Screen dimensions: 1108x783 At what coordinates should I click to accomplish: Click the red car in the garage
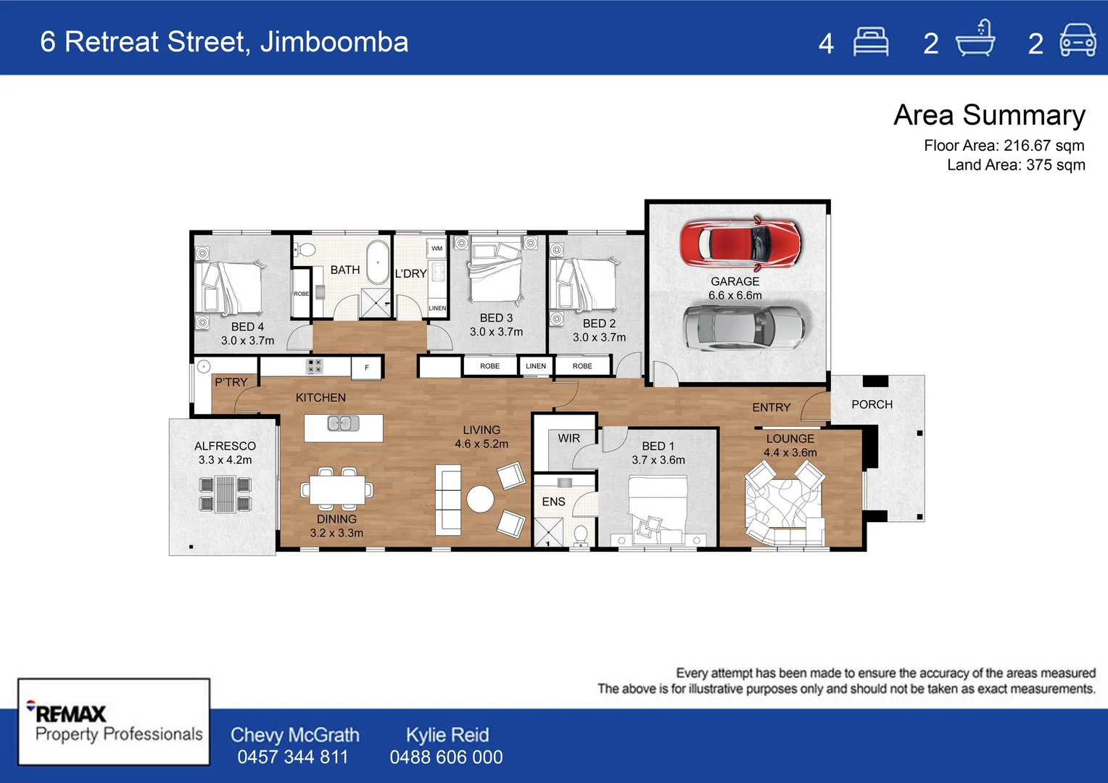tap(740, 242)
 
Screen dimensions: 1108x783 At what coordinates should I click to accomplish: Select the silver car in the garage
tap(744, 327)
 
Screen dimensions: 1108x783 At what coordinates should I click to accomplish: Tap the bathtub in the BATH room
tap(377, 262)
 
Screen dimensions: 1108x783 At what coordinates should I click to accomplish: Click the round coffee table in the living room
tap(480, 499)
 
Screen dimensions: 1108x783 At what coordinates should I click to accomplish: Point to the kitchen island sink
tap(343, 423)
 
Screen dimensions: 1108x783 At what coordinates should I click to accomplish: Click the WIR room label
tap(569, 439)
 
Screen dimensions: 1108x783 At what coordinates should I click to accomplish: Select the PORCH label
tap(872, 405)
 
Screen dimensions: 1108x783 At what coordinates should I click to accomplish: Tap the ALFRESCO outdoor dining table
tap(225, 494)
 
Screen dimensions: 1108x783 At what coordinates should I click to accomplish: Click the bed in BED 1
tap(657, 507)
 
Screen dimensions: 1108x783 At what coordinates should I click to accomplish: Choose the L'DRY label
tap(410, 274)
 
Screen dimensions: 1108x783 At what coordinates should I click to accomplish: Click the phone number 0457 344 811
tap(293, 758)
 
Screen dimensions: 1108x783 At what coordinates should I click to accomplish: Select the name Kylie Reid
tap(447, 735)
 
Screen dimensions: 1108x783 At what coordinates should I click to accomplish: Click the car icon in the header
tap(1078, 41)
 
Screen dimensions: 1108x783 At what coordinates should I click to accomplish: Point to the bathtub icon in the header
tap(975, 41)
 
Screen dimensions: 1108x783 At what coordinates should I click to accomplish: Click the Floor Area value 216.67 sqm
tap(1043, 146)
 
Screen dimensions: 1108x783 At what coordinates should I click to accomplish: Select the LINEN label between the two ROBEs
tap(536, 366)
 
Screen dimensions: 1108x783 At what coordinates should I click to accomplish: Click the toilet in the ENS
tap(580, 535)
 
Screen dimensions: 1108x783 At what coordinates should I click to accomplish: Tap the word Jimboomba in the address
tap(334, 42)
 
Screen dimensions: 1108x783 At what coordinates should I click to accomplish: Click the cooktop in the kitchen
tap(314, 366)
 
